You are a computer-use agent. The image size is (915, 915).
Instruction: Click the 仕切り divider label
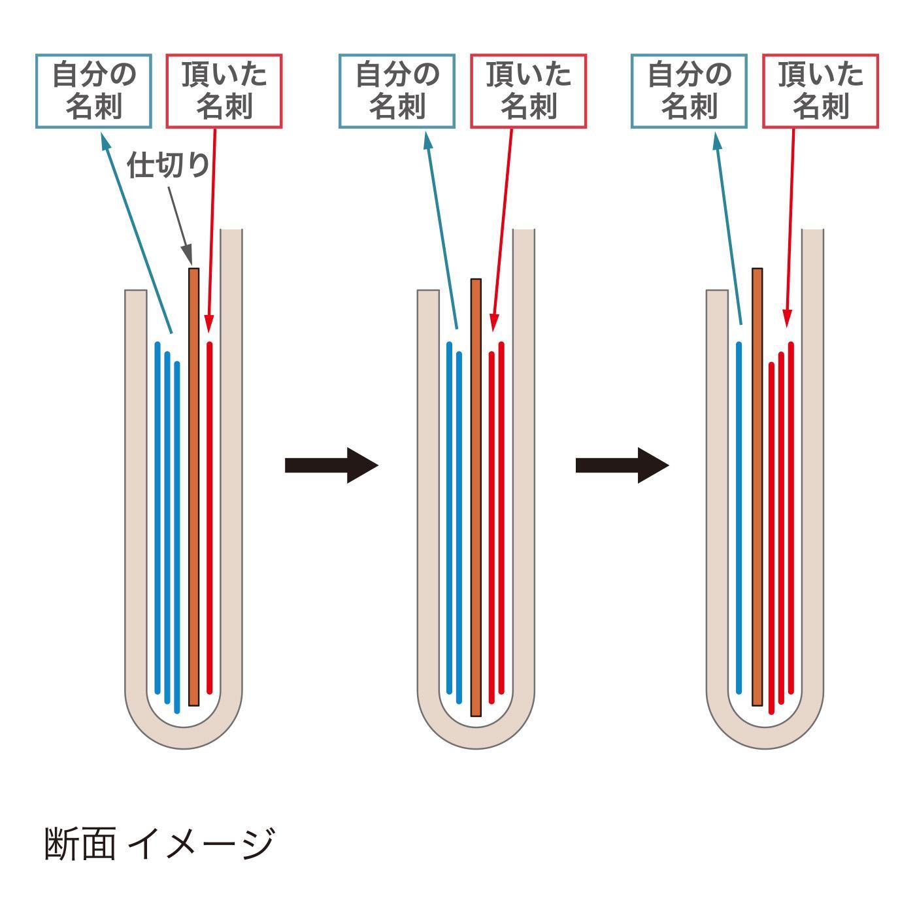point(169,165)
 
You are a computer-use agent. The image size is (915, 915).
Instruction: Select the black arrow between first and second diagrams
point(331,465)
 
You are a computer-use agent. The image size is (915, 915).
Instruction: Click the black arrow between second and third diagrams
point(622,465)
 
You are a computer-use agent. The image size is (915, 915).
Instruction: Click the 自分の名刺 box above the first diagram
point(93,91)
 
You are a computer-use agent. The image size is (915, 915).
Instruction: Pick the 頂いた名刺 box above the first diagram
point(224,91)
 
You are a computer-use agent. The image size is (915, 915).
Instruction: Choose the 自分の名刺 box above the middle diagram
point(397,91)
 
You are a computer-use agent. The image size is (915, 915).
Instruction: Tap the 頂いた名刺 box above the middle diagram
point(528,91)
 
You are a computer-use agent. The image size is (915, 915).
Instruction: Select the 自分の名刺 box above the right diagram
point(689,91)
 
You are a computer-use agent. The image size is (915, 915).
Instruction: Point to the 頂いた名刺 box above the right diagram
point(820,91)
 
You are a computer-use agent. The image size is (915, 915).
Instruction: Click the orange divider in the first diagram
point(193,487)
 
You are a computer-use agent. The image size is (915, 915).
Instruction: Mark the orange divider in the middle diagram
point(476,497)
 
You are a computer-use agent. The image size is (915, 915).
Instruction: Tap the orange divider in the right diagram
point(757,487)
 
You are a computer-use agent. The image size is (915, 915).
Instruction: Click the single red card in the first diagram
point(210,516)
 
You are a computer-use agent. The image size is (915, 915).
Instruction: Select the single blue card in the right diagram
point(739,516)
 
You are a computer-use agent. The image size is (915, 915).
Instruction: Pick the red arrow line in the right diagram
point(790,229)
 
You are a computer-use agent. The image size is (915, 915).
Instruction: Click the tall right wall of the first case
point(231,457)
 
